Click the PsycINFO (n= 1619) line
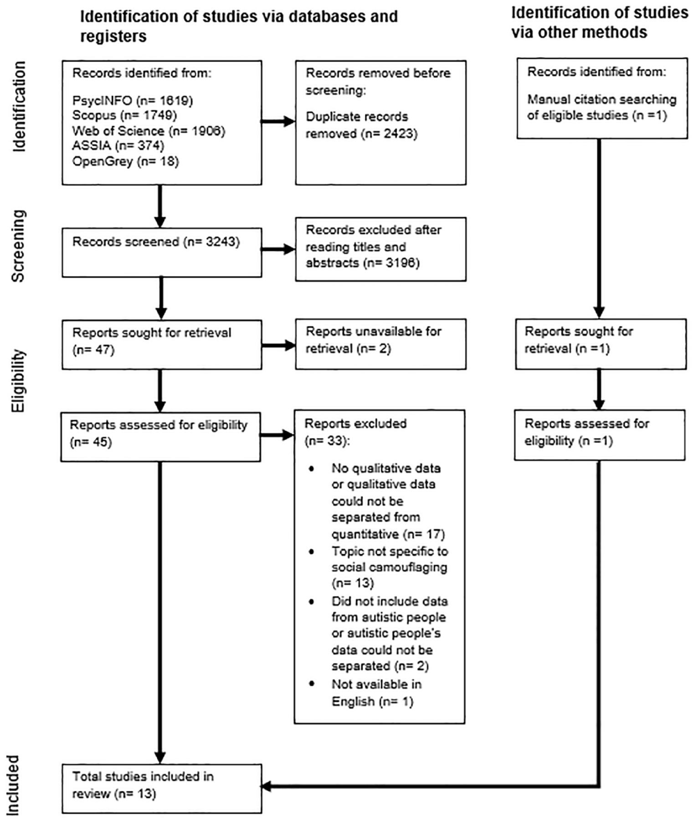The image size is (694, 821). [133, 100]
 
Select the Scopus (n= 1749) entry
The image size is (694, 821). [124, 115]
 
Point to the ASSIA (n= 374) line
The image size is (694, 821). [118, 146]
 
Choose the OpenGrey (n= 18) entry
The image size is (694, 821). [125, 161]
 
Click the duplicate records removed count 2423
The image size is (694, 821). [389, 134]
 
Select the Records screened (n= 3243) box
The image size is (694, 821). [162, 252]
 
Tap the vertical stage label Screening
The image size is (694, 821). [19, 245]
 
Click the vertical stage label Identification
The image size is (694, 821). [19, 106]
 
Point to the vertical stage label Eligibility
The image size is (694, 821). [19, 381]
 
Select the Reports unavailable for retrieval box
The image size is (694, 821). [380, 344]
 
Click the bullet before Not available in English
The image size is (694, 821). [312, 683]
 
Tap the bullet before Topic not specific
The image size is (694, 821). [312, 551]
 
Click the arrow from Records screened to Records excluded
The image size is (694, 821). [278, 249]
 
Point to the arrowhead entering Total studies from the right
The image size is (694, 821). [266, 786]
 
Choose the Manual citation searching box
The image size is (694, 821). [602, 98]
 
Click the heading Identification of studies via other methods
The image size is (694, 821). [599, 22]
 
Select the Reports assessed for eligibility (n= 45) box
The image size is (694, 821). [160, 437]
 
